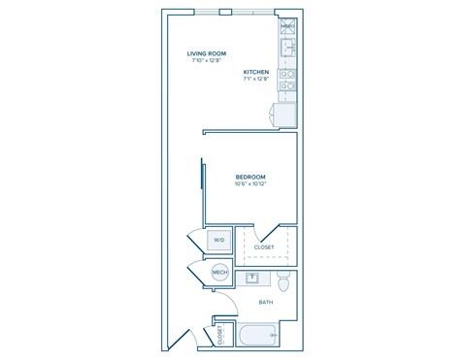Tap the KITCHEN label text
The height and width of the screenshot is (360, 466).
[256, 72]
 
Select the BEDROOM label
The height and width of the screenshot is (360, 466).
[250, 176]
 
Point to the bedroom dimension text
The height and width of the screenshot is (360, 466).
[250, 183]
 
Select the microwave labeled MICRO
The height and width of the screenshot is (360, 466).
[288, 26]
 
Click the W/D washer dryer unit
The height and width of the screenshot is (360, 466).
[219, 240]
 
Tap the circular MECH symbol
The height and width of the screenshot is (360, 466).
[220, 274]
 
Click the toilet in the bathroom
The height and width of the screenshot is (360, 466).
[283, 282]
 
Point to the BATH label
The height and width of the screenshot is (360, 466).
[265, 303]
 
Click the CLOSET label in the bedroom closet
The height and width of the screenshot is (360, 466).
[264, 247]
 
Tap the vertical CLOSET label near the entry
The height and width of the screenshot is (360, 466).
[220, 334]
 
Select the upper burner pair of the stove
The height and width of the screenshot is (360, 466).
[288, 74]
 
